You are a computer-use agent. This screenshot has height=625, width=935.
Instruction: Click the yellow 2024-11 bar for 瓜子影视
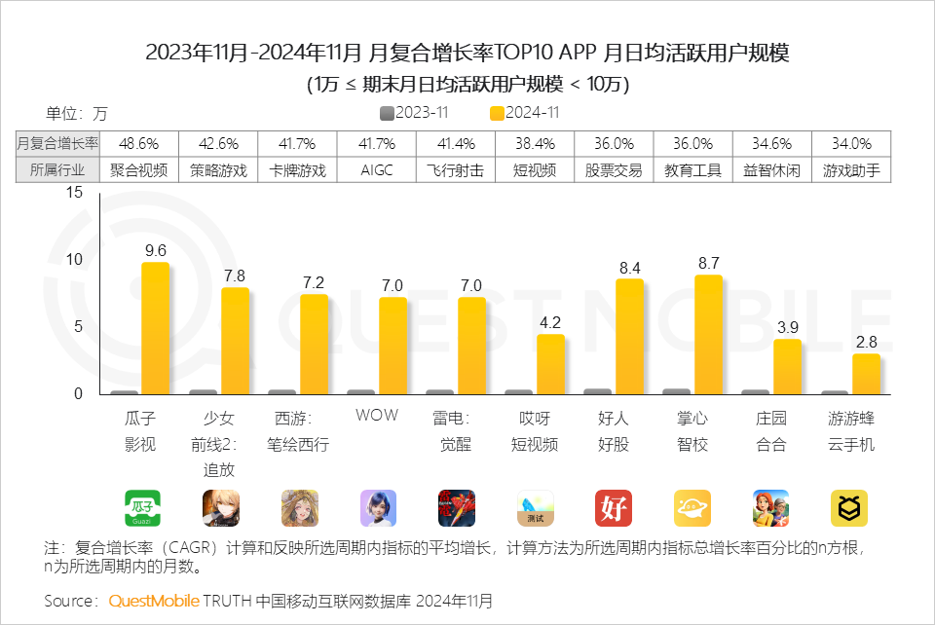pos(155,328)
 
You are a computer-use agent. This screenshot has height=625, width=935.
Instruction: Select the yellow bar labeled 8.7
pos(708,334)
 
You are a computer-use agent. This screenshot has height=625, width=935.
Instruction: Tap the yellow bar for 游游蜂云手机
pos(866,374)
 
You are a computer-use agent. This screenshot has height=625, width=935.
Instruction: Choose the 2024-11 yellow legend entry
pos(525,113)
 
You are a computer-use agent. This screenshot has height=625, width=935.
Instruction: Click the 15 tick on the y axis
pos(74,193)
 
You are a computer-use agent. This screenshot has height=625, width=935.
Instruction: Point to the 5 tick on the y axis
pos(79,326)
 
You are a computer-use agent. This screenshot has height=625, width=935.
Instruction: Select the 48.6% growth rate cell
pos(139,143)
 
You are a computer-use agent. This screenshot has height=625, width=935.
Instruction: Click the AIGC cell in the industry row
pos(377,169)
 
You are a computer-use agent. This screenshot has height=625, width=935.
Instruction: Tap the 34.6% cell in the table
pos(771,143)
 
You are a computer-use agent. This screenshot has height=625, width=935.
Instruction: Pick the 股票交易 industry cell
pos(614,169)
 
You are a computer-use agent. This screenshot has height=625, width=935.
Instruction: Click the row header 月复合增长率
pos(58,143)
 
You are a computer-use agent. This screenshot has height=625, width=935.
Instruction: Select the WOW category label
pos(376,416)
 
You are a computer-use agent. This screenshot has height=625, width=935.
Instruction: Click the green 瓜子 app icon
pos(142,508)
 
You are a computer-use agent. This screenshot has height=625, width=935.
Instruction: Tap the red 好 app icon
pos(614,508)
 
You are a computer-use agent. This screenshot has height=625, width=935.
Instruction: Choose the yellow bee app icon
pos(849,508)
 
